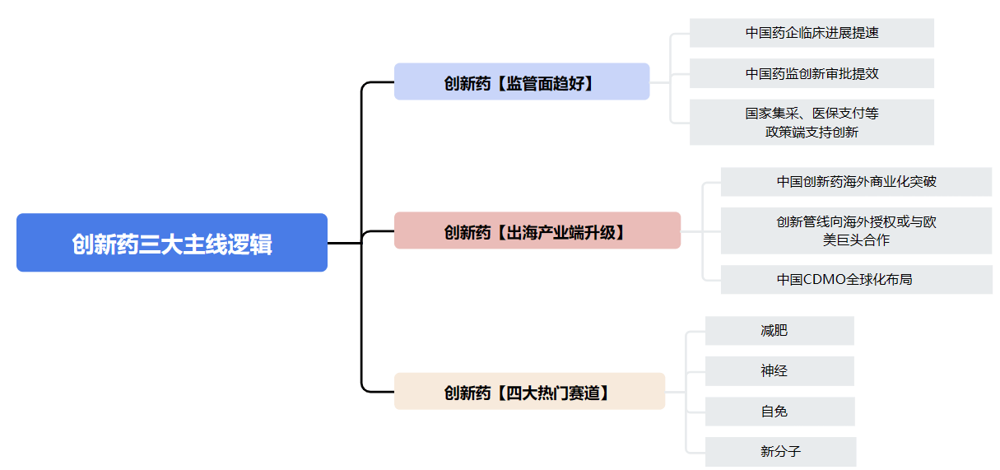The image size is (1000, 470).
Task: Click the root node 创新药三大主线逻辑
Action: pyautogui.click(x=172, y=243)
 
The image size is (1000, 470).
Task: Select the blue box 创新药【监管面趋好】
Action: pyautogui.click(x=522, y=82)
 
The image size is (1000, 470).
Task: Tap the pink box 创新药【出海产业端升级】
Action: pyautogui.click(x=537, y=230)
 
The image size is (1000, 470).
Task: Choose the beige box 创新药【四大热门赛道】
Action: pyautogui.click(x=529, y=392)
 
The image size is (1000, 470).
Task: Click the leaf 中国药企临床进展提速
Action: pyautogui.click(x=812, y=33)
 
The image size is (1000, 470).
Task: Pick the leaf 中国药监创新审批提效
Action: pyautogui.click(x=812, y=73)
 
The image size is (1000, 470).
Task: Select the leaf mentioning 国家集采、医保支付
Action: pyautogui.click(x=812, y=122)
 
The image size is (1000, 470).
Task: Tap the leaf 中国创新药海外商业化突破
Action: pyautogui.click(x=856, y=182)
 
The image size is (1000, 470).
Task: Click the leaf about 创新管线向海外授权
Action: pyautogui.click(x=856, y=230)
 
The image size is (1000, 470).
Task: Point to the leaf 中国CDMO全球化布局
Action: pyautogui.click(x=856, y=280)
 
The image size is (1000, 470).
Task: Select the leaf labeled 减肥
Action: pyautogui.click(x=779, y=330)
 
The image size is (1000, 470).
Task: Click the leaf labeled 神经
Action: pyautogui.click(x=779, y=370)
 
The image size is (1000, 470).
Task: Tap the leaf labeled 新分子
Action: pyautogui.click(x=780, y=451)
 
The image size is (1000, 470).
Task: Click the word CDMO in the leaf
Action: pyautogui.click(x=825, y=280)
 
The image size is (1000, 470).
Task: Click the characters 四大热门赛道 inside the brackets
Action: pyautogui.click(x=553, y=393)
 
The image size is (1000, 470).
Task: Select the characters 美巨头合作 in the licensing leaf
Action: pyautogui.click(x=856, y=240)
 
